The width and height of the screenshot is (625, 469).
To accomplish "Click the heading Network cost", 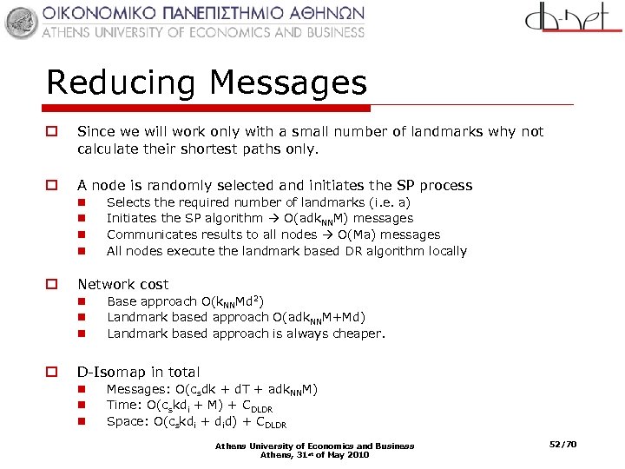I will (x=122, y=284).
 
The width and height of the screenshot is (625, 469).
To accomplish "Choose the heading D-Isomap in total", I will (x=139, y=372).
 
